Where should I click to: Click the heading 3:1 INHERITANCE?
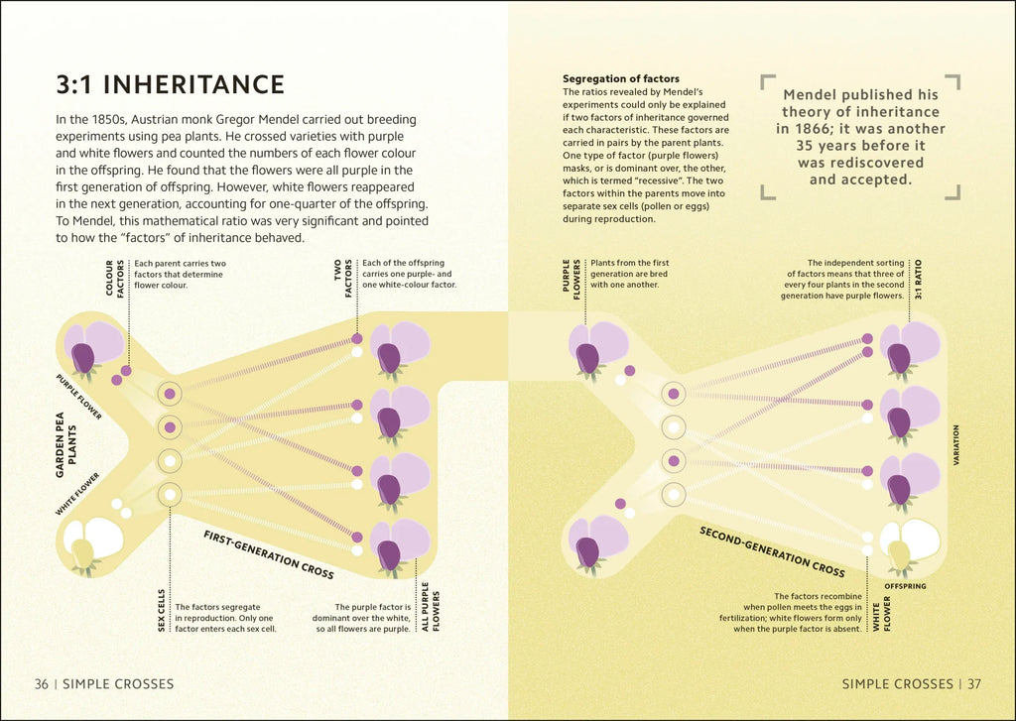coord(171,85)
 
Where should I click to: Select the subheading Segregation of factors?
coord(621,78)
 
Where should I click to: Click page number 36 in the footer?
coord(41,683)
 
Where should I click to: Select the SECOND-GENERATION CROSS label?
coord(772,551)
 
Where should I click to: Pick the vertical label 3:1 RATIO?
coord(918,282)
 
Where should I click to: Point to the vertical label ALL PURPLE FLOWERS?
coord(430,607)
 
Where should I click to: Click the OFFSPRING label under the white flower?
coord(904,587)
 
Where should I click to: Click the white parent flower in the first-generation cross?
coord(92,543)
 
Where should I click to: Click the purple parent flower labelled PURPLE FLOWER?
coord(92,347)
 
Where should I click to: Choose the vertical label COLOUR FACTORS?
coord(116,278)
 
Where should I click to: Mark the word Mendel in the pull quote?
coord(810,95)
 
